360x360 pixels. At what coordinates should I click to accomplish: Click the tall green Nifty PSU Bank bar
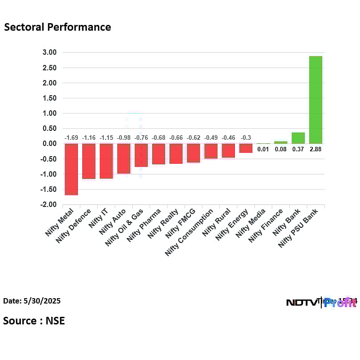[x=315, y=100]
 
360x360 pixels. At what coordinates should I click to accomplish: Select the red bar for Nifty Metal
[x=71, y=169]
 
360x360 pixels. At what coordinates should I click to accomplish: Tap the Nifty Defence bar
[x=89, y=161]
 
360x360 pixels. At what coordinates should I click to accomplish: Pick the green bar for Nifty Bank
[x=298, y=138]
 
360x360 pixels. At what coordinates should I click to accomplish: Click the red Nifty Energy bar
[x=246, y=148]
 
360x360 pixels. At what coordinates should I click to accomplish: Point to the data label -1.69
[x=71, y=138]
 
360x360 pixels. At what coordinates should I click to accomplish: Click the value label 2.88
[x=315, y=150]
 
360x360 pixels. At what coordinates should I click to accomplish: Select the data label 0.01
[x=263, y=150]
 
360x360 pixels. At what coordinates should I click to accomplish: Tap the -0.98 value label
[x=123, y=138]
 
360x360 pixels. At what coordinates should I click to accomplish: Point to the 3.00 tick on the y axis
[x=50, y=53]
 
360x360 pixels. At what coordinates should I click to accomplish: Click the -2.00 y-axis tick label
[x=49, y=205]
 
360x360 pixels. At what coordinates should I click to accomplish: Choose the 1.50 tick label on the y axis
[x=50, y=98]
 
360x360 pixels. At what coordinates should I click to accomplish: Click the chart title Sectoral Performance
[x=57, y=27]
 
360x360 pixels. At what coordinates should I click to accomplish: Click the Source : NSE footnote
[x=34, y=320]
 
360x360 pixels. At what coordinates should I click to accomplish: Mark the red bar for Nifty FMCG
[x=193, y=153]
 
